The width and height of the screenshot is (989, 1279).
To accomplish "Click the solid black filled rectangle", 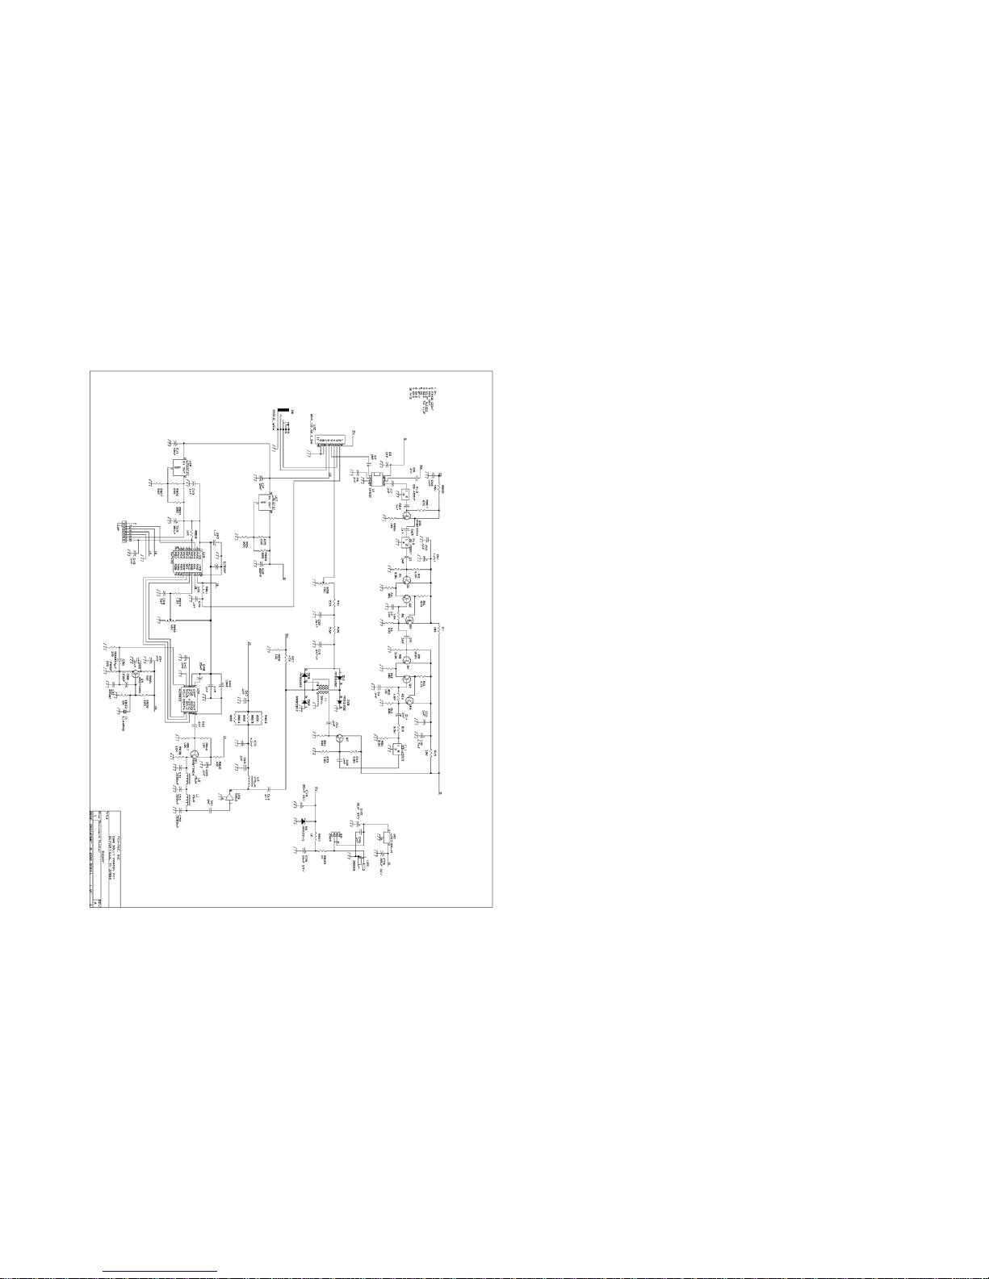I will (x=283, y=412).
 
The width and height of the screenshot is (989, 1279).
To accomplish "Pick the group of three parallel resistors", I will (x=243, y=717).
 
